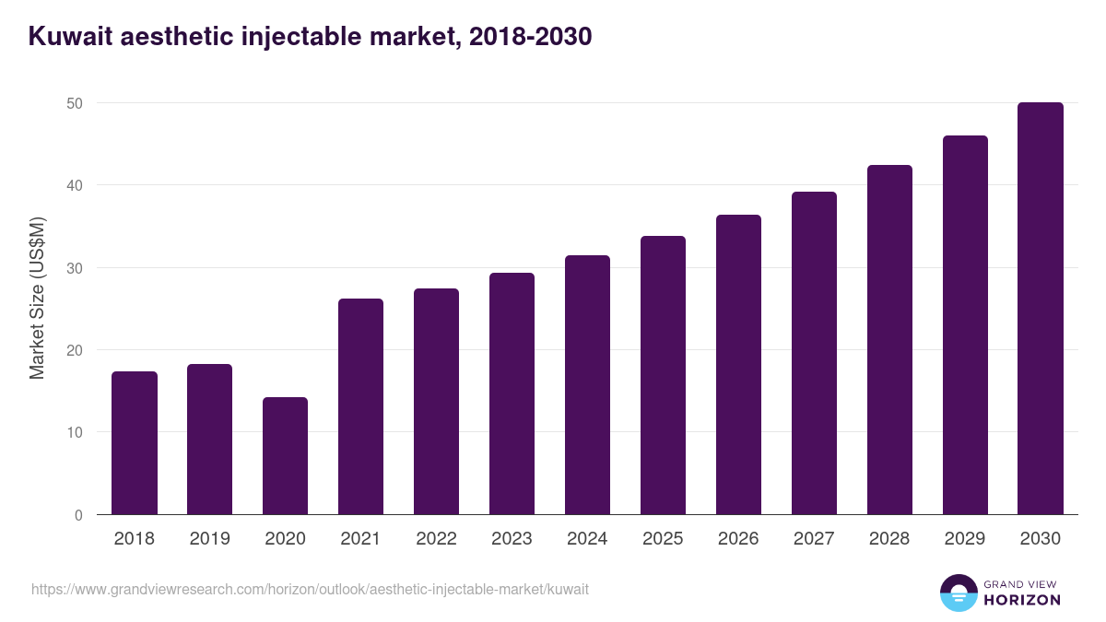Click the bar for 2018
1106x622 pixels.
pyautogui.click(x=135, y=443)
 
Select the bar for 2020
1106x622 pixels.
pyautogui.click(x=285, y=456)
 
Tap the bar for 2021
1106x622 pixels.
pyautogui.click(x=360, y=406)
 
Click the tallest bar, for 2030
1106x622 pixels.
pyautogui.click(x=1041, y=309)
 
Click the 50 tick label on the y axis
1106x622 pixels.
pyautogui.click(x=75, y=103)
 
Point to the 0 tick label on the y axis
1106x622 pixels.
pyautogui.click(x=78, y=515)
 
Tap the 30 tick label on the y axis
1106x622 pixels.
pyautogui.click(x=75, y=268)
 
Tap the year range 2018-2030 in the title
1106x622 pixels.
pyautogui.click(x=530, y=37)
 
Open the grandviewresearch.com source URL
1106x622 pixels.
pyautogui.click(x=310, y=589)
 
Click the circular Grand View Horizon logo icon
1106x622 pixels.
pyautogui.click(x=958, y=593)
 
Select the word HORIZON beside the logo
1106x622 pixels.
pyautogui.click(x=1022, y=600)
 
